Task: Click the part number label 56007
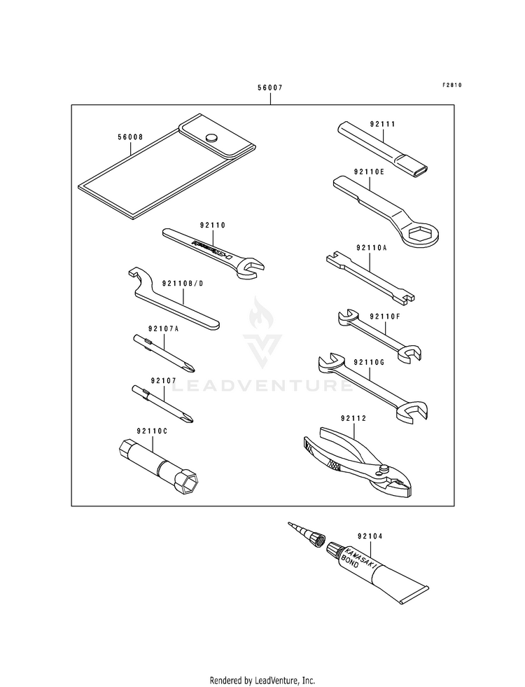[x=270, y=88]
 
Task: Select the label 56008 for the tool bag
[x=131, y=138]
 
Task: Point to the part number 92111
[x=384, y=124]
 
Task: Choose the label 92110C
[x=152, y=431]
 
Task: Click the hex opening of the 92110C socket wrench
[x=190, y=484]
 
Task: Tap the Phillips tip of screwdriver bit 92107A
[x=188, y=368]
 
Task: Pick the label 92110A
[x=371, y=248]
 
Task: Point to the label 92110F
[x=384, y=317]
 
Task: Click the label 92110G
[x=369, y=362]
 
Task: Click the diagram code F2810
[x=451, y=85]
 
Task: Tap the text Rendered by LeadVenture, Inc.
[x=262, y=680]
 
